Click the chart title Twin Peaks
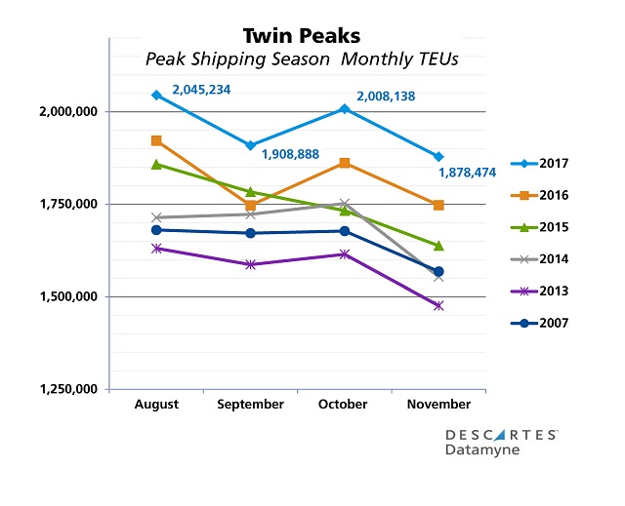coord(302,36)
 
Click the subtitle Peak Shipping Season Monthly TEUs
coord(302,59)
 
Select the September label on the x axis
coord(251,404)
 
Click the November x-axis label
coord(438,404)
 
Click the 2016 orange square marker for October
coord(345,163)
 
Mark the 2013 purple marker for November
coord(438,306)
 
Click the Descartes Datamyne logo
coord(501,441)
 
